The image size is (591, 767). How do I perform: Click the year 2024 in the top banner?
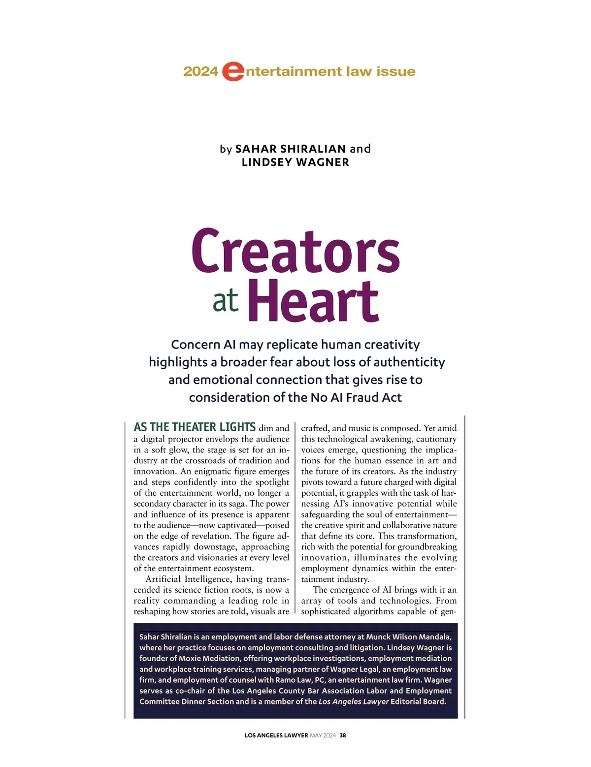tap(200, 71)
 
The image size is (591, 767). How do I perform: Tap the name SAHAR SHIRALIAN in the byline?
tap(291, 149)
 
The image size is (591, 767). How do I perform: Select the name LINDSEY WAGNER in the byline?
tap(295, 162)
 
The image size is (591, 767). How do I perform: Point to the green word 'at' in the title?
tap(226, 301)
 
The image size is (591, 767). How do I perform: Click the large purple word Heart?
tap(313, 301)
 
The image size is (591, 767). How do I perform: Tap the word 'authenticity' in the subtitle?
tap(409, 362)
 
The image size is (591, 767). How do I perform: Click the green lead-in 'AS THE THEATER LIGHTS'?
tap(195, 427)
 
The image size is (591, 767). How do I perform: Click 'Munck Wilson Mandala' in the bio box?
tap(408, 637)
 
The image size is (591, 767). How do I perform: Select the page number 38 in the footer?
tap(343, 735)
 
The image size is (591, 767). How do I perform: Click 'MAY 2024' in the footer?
tap(323, 735)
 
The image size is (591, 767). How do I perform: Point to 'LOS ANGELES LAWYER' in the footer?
tap(276, 735)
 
